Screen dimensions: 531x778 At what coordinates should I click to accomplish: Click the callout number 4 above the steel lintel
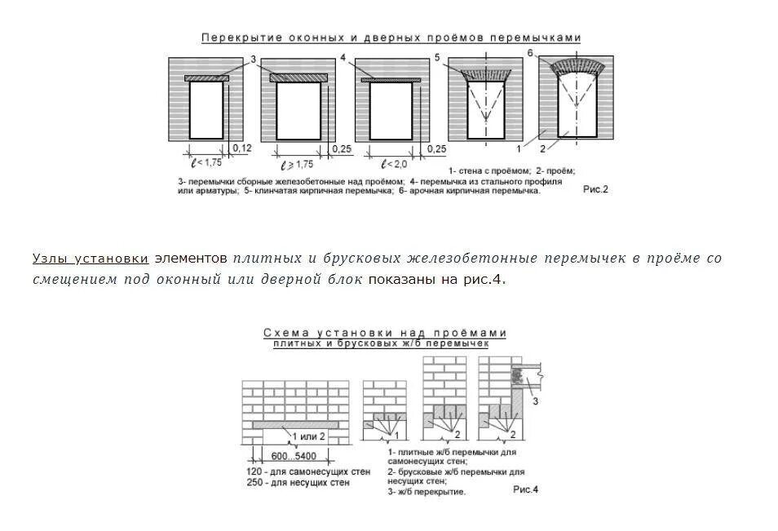coord(343,58)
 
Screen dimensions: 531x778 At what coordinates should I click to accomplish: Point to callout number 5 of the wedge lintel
coord(437,57)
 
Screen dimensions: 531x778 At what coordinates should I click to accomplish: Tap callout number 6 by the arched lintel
coord(530,53)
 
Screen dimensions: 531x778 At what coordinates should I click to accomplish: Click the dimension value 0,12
coord(241,148)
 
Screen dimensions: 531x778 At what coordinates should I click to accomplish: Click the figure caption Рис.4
coord(526,489)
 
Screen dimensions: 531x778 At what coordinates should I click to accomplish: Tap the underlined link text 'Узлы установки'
coord(91,259)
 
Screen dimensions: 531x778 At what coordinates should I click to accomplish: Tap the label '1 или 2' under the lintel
coord(308,436)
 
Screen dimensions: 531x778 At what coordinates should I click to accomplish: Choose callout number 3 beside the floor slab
coord(535,400)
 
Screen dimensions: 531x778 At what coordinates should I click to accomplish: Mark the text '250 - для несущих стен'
coord(298,484)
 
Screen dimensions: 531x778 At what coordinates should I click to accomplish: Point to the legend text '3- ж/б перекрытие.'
coord(427,493)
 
